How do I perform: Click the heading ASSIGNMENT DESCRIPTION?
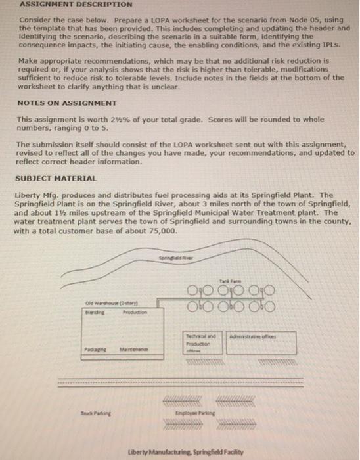coord(58,4)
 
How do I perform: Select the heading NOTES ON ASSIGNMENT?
coord(57,104)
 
